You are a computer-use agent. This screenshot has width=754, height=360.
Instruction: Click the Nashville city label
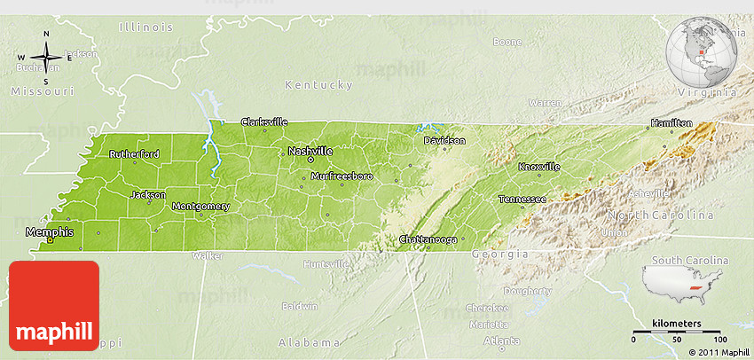pos(310,152)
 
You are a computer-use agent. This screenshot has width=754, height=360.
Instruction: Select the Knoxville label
pos(539,167)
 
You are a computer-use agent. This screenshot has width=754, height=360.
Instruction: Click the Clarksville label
pos(264,121)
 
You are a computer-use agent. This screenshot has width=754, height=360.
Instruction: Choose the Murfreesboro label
pos(342,176)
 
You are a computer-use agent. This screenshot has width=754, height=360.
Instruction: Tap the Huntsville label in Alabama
pos(326,264)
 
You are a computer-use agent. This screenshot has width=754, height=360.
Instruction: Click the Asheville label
pos(649,193)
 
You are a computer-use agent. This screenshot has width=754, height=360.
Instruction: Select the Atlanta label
pos(502,340)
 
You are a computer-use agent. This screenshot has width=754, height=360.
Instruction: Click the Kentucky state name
pos(318,85)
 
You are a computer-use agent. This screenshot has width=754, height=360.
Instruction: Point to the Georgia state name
pos(499,254)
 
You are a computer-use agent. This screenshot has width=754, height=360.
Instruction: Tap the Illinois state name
pos(145,27)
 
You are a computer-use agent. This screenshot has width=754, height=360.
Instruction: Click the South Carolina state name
pos(689,260)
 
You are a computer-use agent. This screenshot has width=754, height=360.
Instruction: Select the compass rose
pos(44,58)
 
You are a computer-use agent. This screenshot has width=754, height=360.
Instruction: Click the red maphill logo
pos(53,305)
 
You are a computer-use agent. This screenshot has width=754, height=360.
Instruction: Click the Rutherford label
pos(134,154)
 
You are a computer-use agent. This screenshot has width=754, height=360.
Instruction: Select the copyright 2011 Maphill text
pos(711,352)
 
